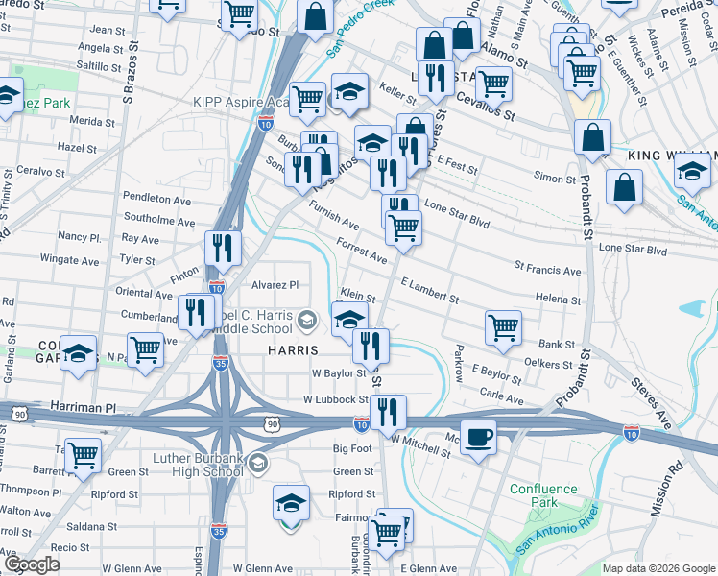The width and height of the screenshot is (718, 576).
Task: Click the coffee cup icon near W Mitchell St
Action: pos(478,436)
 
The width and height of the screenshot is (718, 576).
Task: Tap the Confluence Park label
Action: pos(543,495)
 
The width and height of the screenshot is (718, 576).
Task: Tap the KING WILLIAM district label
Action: pos(672,156)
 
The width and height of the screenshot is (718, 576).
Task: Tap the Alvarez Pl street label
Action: pos(275,284)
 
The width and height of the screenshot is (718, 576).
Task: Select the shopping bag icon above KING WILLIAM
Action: pos(593,136)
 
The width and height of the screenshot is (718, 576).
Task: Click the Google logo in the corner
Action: pos(33,564)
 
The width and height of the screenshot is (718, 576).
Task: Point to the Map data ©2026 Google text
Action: pos(658,568)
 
